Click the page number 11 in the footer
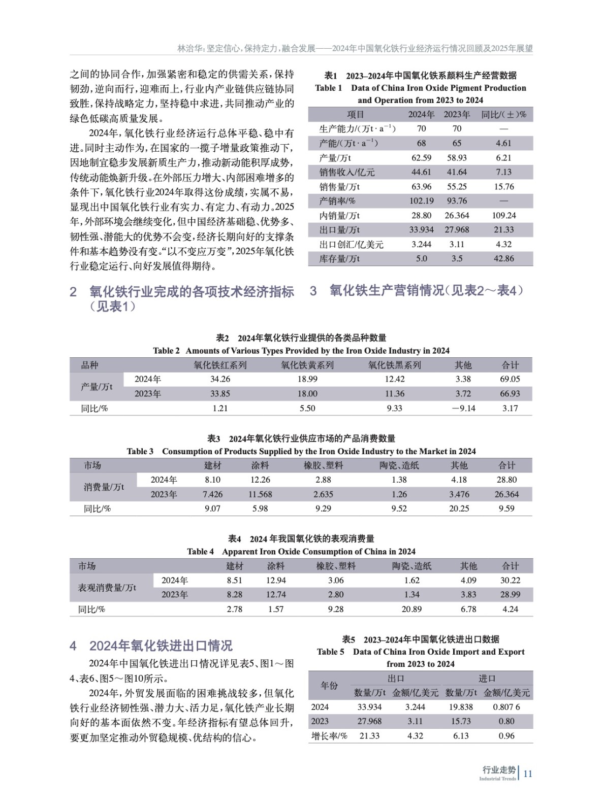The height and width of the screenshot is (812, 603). (x=527, y=773)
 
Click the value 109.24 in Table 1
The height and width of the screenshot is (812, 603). (x=503, y=215)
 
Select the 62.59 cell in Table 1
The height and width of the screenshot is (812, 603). (x=421, y=158)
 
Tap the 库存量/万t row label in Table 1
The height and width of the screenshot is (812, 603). (x=339, y=259)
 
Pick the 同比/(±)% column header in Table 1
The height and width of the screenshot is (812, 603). (x=503, y=115)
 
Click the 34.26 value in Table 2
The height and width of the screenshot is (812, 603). (x=220, y=379)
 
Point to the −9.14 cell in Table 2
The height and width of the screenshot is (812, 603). (x=463, y=408)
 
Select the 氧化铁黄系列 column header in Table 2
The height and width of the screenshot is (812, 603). (x=307, y=365)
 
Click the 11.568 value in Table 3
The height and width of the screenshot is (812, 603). (x=260, y=494)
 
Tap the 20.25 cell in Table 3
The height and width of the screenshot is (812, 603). (x=459, y=509)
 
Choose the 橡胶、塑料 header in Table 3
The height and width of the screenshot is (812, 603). (x=323, y=465)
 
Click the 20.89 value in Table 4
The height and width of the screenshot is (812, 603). (x=411, y=609)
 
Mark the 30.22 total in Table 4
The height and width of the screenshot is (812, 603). (x=510, y=580)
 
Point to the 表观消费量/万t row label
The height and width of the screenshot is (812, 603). (x=107, y=588)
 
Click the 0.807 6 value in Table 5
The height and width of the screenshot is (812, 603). (x=506, y=707)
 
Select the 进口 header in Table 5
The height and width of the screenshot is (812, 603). (x=487, y=679)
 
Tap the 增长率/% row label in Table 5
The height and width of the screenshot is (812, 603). (x=329, y=736)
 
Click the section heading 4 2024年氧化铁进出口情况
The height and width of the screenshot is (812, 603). (x=151, y=646)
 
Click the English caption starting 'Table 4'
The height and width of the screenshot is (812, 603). (x=301, y=552)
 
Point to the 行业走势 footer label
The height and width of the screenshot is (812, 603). (x=498, y=770)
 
